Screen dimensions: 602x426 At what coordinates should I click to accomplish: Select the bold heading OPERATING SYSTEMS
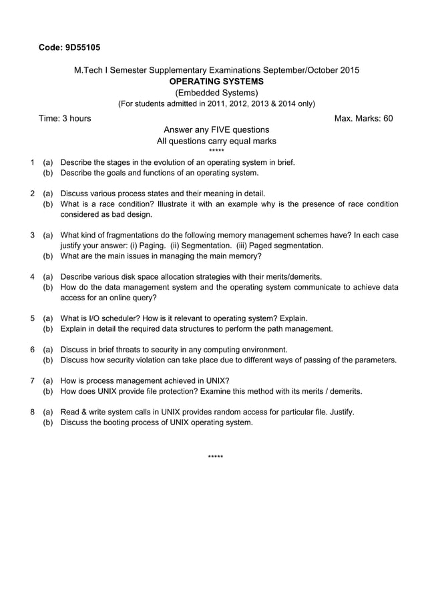tap(216, 81)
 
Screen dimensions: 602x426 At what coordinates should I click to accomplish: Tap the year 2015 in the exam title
tap(348, 70)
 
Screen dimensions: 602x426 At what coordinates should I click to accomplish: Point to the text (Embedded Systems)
tap(216, 93)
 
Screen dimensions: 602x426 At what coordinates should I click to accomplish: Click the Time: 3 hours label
tap(65, 119)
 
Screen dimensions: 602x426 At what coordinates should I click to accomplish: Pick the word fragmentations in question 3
tap(131, 235)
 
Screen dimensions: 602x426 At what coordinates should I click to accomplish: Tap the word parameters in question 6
tap(374, 360)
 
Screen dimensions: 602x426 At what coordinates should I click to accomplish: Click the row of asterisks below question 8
tap(215, 457)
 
